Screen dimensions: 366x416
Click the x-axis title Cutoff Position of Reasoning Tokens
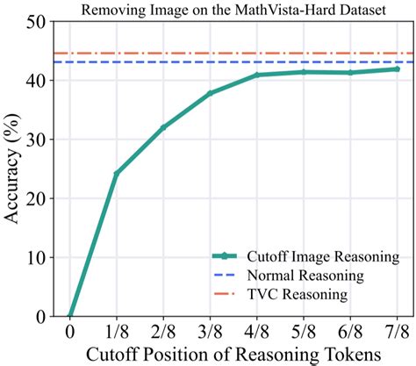tap(233, 355)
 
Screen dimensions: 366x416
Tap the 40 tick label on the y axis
tap(36, 81)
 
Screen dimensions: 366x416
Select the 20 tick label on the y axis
tap(36, 198)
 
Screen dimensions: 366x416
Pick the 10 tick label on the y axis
tap(36, 257)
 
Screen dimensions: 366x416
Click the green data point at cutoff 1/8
tap(116, 173)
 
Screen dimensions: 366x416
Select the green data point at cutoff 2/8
tap(163, 127)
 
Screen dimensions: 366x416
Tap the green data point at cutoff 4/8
tap(257, 75)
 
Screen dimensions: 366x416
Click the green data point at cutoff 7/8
tap(398, 68)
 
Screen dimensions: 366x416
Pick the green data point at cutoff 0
tap(69, 316)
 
